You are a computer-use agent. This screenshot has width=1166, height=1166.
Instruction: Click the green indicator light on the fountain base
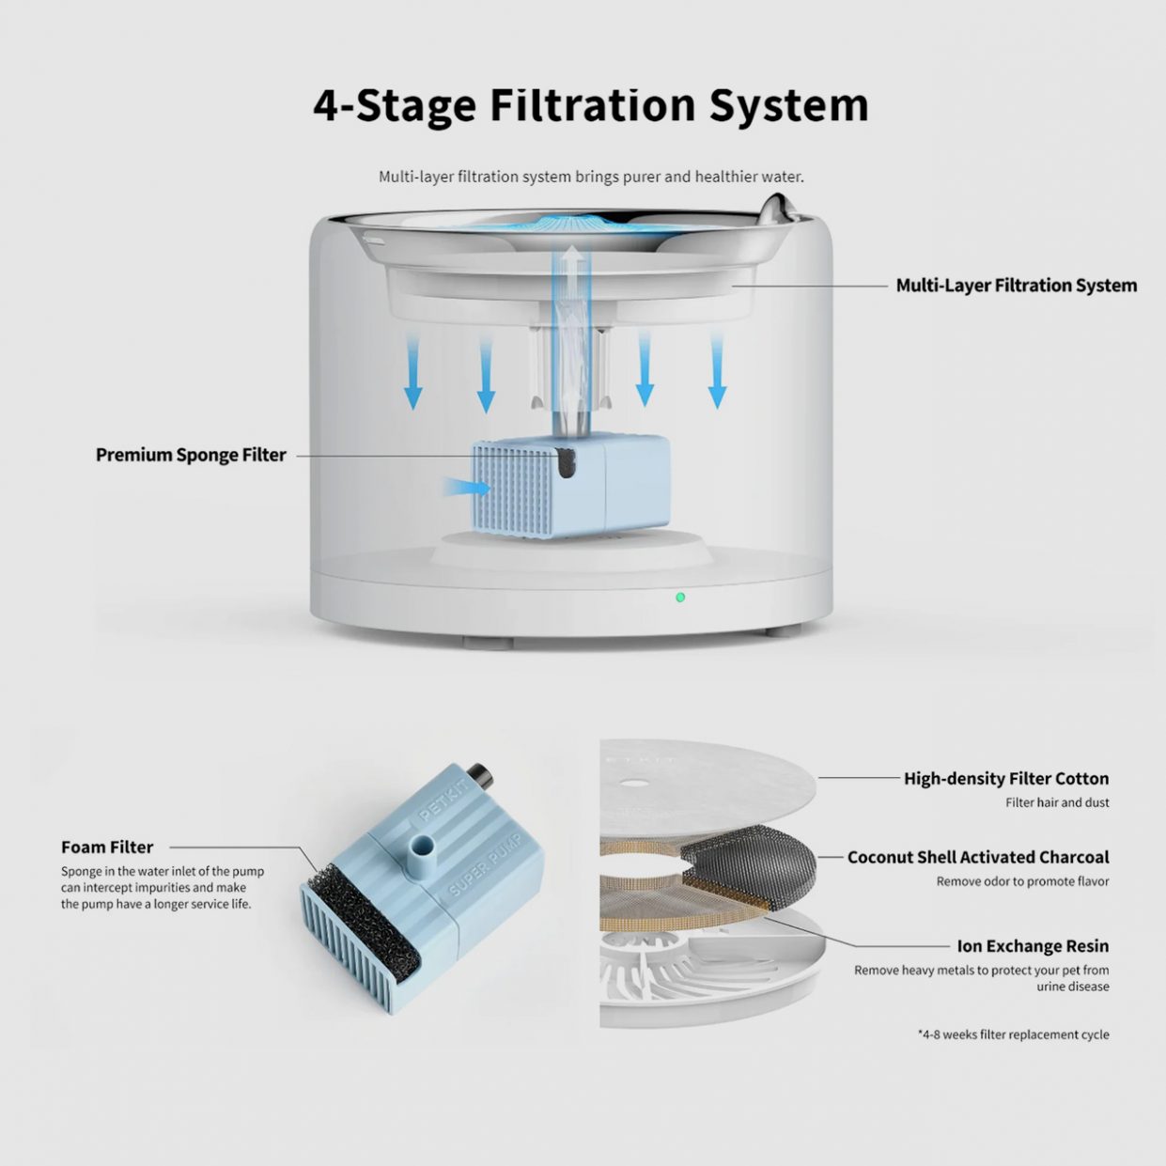[x=680, y=598]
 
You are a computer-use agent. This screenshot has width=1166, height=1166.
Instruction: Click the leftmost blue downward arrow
[x=412, y=373]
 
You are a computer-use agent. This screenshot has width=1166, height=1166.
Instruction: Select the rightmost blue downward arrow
[x=717, y=370]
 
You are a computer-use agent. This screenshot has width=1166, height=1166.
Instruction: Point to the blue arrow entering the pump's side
[x=466, y=487]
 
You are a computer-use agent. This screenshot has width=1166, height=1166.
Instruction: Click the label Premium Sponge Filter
[x=191, y=455]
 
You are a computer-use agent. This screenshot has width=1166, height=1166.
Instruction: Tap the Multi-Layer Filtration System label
[x=1017, y=286]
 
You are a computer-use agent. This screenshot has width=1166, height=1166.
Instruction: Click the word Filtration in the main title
[x=592, y=105]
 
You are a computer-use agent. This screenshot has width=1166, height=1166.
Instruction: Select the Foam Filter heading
[x=107, y=847]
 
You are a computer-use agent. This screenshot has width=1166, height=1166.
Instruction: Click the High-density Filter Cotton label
[x=1006, y=779]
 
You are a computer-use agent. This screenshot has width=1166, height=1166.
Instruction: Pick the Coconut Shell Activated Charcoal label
[x=978, y=858]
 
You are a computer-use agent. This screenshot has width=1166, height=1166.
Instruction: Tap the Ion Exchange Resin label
[x=1033, y=946]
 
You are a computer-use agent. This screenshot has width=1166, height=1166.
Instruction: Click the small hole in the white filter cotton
[x=631, y=783]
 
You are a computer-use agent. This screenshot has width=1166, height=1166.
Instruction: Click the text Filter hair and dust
[x=1057, y=803]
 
